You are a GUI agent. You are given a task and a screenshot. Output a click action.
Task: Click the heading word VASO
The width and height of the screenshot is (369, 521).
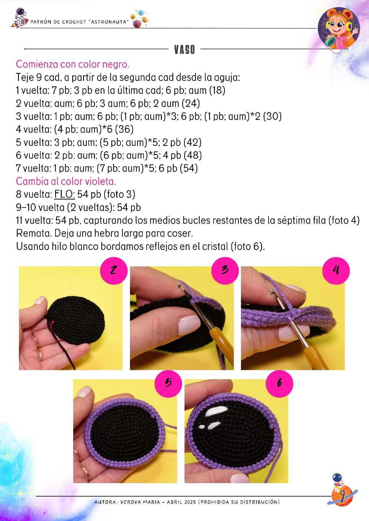coord(184,50)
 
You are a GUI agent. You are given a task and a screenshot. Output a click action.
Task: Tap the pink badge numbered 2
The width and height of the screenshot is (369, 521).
coord(114,270)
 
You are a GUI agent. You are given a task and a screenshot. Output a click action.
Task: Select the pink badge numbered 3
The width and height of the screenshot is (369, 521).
coord(225,270)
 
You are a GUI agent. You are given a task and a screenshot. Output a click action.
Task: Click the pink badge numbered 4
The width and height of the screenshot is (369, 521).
coord(336,270)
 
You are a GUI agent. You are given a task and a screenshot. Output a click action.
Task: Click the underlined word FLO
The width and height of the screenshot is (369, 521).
coord(64,194)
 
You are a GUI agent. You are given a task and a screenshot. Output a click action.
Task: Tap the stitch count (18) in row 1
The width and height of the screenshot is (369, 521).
coord(217,90)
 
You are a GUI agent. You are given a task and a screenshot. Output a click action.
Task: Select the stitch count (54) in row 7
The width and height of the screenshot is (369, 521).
coord(189,168)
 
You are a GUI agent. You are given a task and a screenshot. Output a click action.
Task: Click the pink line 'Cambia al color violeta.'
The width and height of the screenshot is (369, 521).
coord(66,181)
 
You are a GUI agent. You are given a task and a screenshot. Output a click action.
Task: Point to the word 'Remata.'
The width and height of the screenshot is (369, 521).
coord(34,233)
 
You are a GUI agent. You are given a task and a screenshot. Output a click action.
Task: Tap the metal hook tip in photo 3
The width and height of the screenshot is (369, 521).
coord(180,285)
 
